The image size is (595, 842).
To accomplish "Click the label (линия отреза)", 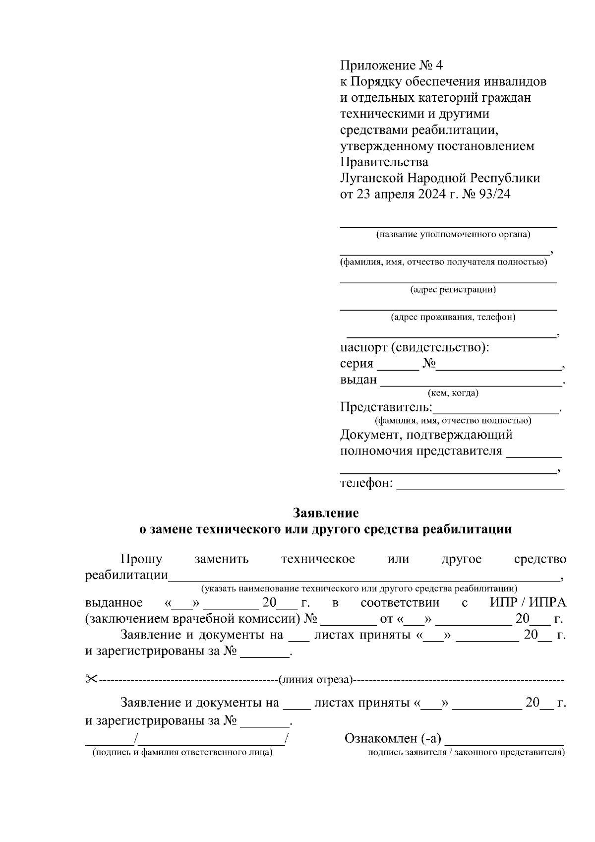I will [x=315, y=679].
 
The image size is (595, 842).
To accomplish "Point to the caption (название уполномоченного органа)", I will [x=453, y=235].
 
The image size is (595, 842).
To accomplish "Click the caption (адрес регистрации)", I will [x=453, y=289].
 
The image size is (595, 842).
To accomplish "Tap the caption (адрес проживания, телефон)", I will [x=453, y=317].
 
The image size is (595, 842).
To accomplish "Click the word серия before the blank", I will [x=356, y=364].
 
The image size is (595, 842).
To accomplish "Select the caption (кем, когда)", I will [x=453, y=393].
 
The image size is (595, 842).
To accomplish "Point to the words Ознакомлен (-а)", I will [x=392, y=739].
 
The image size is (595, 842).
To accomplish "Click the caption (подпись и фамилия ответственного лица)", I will [x=182, y=753].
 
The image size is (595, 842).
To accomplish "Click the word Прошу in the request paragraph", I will [x=141, y=559].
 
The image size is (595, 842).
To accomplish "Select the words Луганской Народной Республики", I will [x=440, y=178].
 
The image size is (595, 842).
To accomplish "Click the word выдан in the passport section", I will [x=358, y=380].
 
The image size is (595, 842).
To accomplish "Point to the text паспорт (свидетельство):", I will [x=415, y=347].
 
